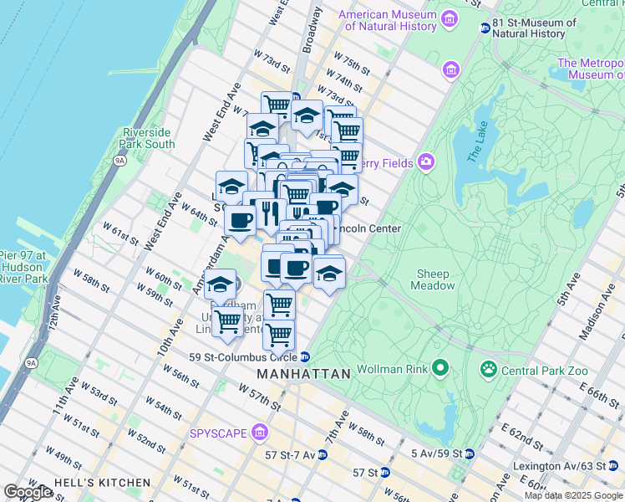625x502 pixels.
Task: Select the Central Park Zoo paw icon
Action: [x=488, y=369]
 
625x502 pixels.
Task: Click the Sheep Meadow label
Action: [x=433, y=279]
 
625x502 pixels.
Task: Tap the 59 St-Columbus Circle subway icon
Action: [x=306, y=357]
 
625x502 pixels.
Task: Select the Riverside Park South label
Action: [x=149, y=138]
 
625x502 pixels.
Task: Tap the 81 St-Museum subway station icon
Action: [x=485, y=28]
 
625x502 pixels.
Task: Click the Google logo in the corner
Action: [x=28, y=492]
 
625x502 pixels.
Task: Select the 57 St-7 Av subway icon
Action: [x=323, y=454]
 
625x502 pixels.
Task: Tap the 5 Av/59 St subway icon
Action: [x=470, y=454]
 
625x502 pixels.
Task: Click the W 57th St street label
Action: [x=259, y=396]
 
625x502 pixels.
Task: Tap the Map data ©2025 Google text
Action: [x=573, y=495]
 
